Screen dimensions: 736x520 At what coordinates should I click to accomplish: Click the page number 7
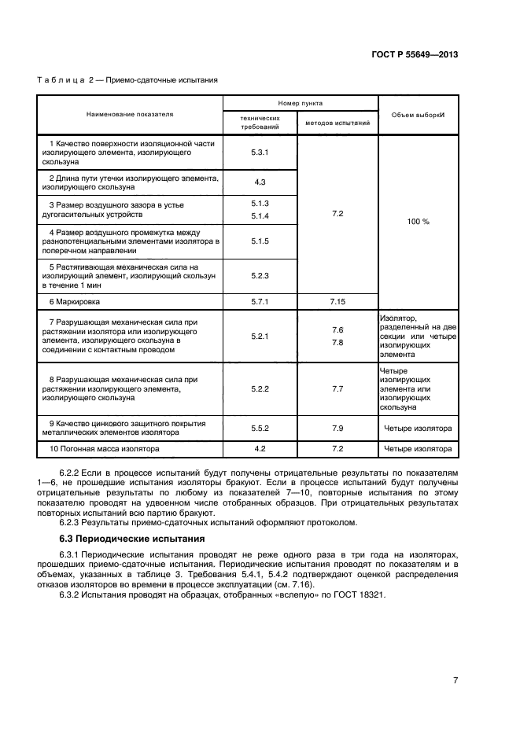click(455, 681)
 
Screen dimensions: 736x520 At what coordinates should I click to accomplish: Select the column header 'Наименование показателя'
click(130, 114)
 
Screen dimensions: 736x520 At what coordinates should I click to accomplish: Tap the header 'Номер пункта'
click(300, 103)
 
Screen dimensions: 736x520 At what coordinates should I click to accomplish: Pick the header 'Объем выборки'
click(418, 115)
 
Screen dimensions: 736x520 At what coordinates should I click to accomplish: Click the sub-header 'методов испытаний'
click(337, 123)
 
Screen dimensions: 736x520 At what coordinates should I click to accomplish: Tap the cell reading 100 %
click(418, 222)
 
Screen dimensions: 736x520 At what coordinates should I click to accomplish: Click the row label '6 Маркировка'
click(76, 301)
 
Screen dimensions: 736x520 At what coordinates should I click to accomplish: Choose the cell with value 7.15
click(337, 301)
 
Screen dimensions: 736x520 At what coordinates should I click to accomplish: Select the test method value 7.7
click(337, 388)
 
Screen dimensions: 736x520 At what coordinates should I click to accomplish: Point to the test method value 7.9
click(337, 429)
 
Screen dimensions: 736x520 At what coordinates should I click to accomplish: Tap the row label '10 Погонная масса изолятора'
click(104, 449)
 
